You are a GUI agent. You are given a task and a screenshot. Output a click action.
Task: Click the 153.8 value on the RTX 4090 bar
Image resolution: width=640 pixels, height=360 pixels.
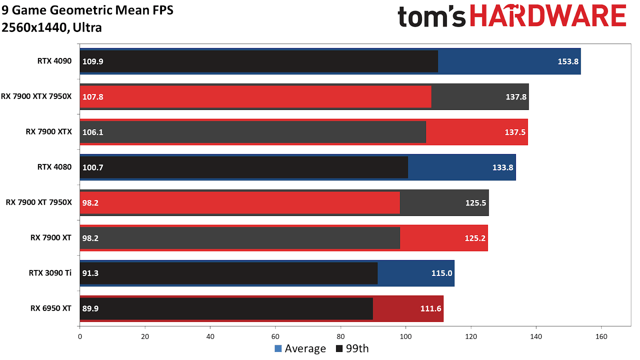[568, 62]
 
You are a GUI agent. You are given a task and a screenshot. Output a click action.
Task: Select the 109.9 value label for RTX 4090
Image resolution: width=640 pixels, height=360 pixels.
[93, 62]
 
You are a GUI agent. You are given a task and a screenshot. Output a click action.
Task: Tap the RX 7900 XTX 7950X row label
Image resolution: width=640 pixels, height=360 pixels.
[36, 96]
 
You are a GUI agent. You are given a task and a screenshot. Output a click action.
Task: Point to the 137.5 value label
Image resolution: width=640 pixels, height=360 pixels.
[515, 132]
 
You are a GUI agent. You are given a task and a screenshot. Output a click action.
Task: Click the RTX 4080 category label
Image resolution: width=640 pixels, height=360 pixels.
[54, 167]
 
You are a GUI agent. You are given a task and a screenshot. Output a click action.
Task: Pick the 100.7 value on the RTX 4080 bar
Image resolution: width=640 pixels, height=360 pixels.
[93, 168]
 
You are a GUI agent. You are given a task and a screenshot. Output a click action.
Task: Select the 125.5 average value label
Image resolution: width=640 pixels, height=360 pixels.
[476, 203]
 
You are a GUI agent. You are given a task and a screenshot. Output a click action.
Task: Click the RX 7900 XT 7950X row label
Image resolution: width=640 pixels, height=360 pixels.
[39, 202]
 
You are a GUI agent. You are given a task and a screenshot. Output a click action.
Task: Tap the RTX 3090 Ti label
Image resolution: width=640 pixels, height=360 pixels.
[50, 273]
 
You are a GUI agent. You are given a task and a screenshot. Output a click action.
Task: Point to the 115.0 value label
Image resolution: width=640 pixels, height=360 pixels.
[442, 273]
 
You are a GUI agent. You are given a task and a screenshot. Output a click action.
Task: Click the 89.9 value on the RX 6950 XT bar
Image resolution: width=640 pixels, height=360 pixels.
[90, 309]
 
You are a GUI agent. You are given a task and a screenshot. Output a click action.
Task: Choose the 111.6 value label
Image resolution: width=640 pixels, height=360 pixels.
[430, 309]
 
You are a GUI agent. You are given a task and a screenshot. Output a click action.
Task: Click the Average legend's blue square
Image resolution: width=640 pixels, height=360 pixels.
[278, 349]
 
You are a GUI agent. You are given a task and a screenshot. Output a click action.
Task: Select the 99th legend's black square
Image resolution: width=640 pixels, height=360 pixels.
[339, 349]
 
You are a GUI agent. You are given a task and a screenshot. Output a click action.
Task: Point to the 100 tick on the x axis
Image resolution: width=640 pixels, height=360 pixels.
[406, 337]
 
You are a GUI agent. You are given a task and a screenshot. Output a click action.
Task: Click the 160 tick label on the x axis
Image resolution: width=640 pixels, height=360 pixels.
[601, 337]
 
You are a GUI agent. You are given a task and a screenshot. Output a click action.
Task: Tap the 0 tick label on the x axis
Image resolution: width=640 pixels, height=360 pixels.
[80, 337]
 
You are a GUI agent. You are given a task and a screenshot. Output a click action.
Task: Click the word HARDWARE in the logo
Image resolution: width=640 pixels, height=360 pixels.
[548, 16]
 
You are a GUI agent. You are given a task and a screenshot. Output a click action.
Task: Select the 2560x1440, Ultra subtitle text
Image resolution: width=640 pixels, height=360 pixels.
[52, 28]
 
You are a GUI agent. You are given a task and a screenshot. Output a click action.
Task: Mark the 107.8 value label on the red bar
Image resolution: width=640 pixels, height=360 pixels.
[93, 97]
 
